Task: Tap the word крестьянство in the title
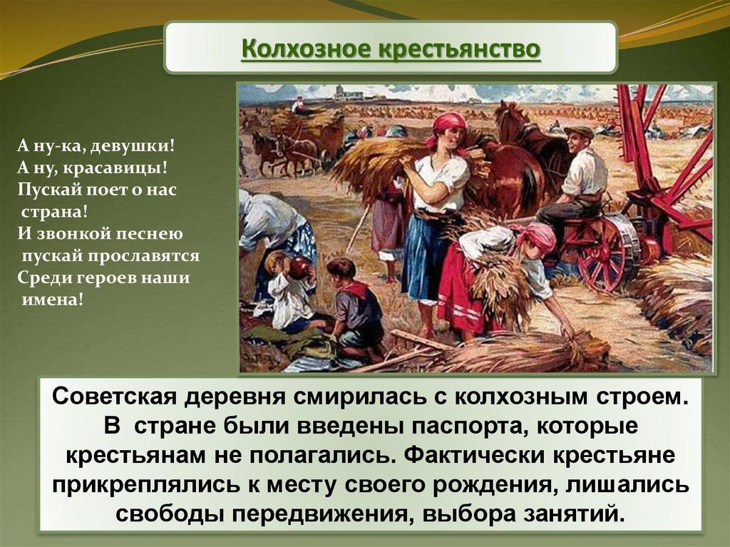[460, 49]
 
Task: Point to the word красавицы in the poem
[115, 168]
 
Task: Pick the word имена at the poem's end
[53, 300]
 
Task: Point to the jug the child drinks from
[299, 268]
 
